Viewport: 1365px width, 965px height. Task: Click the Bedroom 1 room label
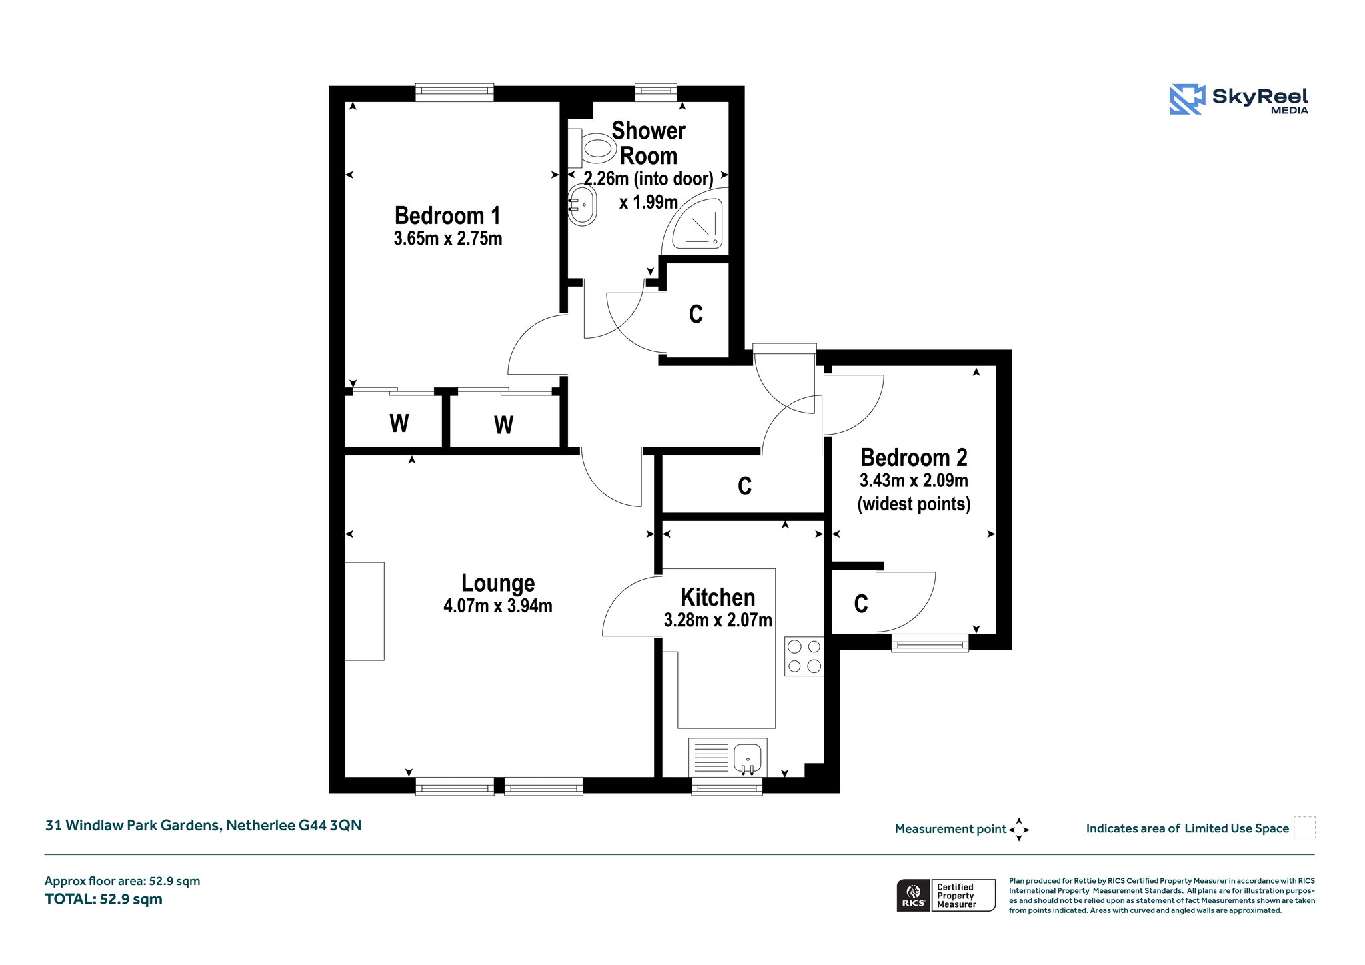tap(447, 216)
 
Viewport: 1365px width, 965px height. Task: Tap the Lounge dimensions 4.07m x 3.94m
tap(498, 606)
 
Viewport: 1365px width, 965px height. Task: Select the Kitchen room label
tap(718, 597)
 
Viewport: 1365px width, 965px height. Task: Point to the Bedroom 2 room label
tap(914, 458)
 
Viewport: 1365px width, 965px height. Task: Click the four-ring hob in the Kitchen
tap(804, 656)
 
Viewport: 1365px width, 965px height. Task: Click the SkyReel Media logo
tap(1239, 99)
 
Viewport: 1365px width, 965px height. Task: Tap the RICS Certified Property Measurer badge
tap(946, 895)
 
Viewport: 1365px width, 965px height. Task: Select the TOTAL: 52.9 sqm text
tap(103, 899)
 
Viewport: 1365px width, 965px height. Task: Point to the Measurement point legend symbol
tap(1019, 829)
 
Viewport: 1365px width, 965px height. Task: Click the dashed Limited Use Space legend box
tap(1304, 828)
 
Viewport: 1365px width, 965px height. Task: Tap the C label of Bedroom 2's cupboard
tap(861, 604)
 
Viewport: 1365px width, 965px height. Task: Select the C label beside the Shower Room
tap(696, 314)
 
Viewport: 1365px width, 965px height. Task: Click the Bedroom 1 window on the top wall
tap(455, 93)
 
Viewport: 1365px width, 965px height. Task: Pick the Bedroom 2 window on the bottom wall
tap(930, 642)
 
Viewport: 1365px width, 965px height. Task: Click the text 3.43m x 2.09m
tap(914, 481)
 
